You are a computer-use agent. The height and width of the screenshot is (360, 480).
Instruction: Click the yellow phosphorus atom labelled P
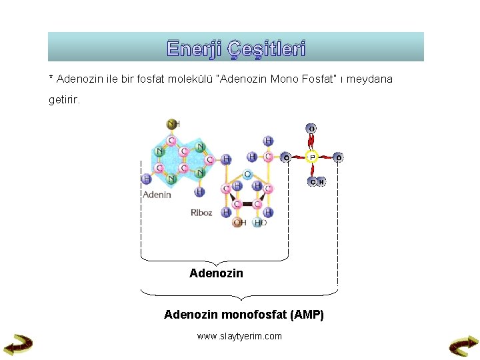(311, 158)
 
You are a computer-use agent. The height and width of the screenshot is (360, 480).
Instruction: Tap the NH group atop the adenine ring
(173, 124)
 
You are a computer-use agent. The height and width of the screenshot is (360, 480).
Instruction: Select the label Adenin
(157, 195)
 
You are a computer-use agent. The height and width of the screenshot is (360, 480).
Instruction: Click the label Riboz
(201, 213)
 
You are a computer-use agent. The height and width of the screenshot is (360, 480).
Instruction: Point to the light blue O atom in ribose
(247, 175)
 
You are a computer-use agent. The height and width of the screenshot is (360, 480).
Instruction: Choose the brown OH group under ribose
(239, 223)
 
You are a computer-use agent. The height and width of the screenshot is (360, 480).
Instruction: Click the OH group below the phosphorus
(316, 181)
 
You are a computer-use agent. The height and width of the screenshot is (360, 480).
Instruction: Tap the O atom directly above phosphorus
(311, 128)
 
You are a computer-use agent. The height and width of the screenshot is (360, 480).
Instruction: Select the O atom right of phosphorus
(339, 158)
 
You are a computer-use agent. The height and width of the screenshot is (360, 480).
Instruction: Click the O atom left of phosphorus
(285, 158)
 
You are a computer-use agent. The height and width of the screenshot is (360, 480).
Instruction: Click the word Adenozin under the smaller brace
(216, 273)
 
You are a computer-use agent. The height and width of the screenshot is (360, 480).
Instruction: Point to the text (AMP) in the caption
(308, 315)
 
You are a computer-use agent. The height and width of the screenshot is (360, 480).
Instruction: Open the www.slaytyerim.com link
(239, 336)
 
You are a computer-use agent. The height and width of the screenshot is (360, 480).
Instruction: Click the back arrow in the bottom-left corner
(18, 344)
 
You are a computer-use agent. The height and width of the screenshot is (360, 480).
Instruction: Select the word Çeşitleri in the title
(265, 49)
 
